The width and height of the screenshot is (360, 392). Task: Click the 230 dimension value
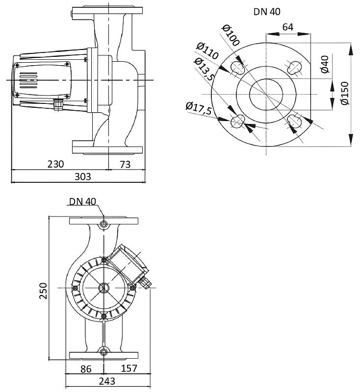(x=56, y=164)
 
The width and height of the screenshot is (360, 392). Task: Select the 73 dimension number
(x=125, y=164)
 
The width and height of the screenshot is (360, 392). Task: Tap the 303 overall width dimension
(x=83, y=176)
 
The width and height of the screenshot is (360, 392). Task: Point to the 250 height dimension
(x=43, y=291)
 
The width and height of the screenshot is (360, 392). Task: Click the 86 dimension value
(x=86, y=369)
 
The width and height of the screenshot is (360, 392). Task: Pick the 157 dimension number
(x=129, y=368)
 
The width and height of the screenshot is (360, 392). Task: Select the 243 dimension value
(x=107, y=381)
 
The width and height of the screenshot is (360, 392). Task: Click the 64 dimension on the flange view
(x=288, y=27)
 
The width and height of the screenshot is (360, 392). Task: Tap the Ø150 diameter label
(x=344, y=93)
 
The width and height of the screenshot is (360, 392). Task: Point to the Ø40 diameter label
(x=325, y=64)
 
